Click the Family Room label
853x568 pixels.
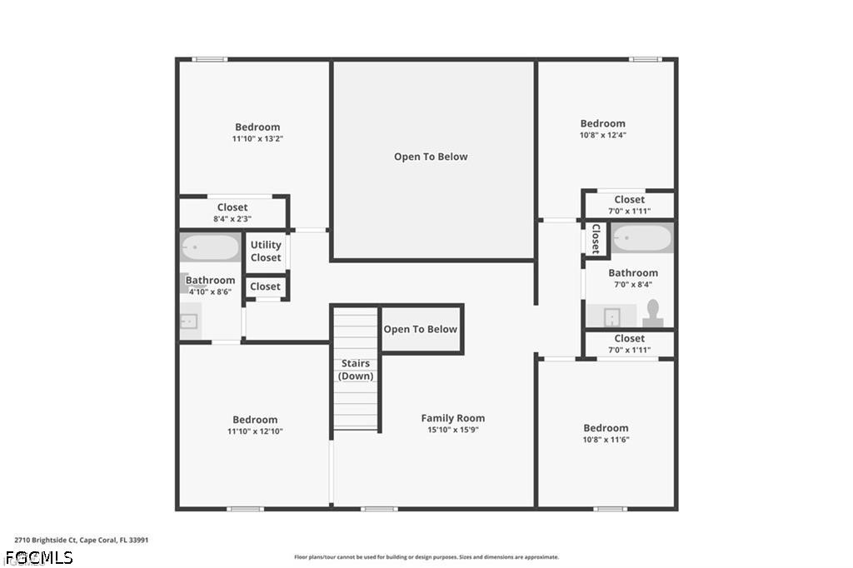pyautogui.click(x=452, y=418)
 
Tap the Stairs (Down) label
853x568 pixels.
pyautogui.click(x=356, y=370)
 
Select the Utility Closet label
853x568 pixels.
pyautogui.click(x=266, y=251)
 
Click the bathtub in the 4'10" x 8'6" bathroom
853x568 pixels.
pyautogui.click(x=210, y=247)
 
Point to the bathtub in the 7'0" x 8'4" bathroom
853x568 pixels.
pyautogui.click(x=642, y=237)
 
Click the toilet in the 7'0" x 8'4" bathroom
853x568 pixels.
pyautogui.click(x=652, y=313)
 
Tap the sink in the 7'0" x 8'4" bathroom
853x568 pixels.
pyautogui.click(x=612, y=316)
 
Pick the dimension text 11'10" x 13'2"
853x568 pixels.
pyautogui.click(x=257, y=139)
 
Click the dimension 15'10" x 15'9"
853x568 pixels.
pyautogui.click(x=453, y=430)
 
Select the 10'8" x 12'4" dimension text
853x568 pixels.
pyautogui.click(x=603, y=135)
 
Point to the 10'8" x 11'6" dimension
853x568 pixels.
pyautogui.click(x=606, y=440)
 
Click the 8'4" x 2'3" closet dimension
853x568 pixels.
pyautogui.click(x=232, y=219)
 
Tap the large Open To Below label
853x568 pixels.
pyautogui.click(x=431, y=157)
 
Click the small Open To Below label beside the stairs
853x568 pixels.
pyautogui.click(x=421, y=329)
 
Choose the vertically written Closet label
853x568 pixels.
pyautogui.click(x=596, y=238)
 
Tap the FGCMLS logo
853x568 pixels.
pyautogui.click(x=39, y=558)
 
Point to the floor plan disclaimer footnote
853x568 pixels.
pyautogui.click(x=426, y=557)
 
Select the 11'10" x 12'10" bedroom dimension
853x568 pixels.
pyautogui.click(x=255, y=431)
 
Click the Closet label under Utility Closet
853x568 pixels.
pyautogui.click(x=266, y=286)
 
